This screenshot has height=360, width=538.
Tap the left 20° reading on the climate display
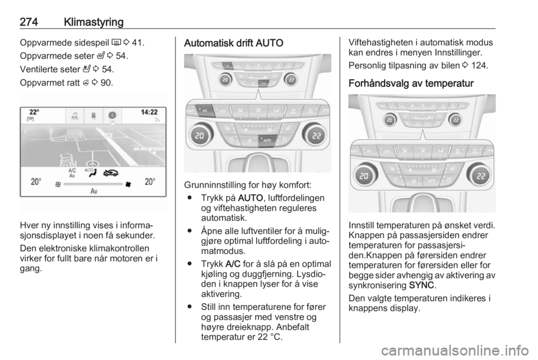coord(36,182)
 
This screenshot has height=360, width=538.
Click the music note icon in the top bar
coord(75,116)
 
